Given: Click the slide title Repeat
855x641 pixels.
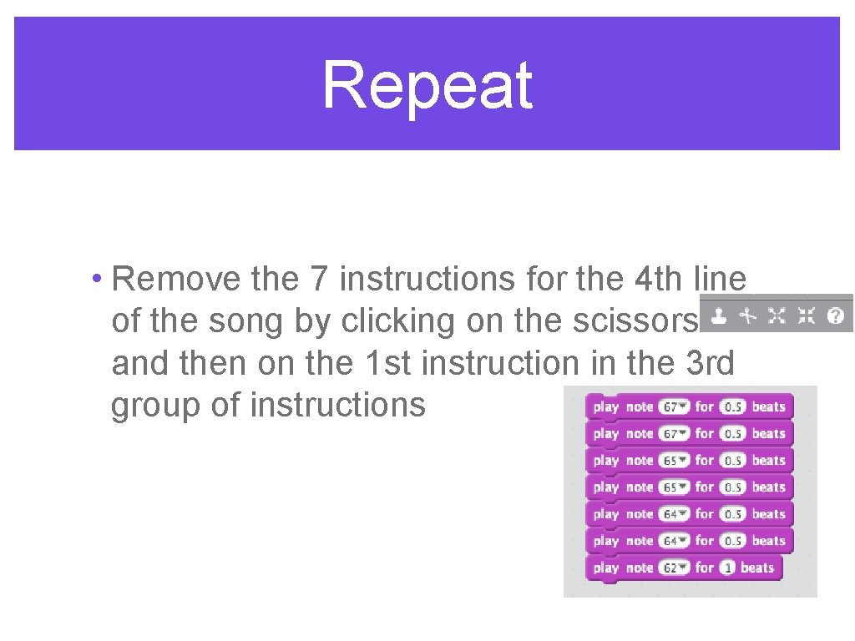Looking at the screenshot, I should [427, 85].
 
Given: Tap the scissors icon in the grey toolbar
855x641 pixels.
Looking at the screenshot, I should [748, 315].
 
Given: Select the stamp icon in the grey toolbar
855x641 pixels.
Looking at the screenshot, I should [719, 315].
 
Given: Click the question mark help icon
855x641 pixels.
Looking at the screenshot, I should [835, 315].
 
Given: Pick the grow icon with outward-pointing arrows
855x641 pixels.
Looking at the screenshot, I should [777, 315].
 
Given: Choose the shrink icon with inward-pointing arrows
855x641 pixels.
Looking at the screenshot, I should [806, 315].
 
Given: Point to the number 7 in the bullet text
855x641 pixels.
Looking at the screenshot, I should [320, 279].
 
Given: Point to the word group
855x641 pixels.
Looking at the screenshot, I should [155, 406].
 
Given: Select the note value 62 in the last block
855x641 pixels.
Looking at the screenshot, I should [670, 568].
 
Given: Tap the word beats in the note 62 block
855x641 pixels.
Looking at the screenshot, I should [757, 568].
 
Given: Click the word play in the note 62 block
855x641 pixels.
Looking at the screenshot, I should [606, 568].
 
